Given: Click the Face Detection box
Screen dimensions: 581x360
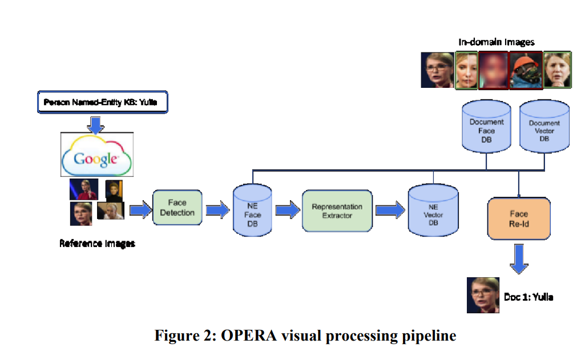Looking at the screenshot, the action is tap(177, 208).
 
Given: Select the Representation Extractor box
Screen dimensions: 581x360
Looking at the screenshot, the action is tap(337, 211).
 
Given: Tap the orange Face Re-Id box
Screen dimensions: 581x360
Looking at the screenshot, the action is tap(519, 219).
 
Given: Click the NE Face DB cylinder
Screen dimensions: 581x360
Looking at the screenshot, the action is tap(252, 210).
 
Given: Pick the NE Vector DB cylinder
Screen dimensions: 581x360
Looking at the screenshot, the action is tap(433, 210).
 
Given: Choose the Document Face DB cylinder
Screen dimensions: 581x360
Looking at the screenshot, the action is tap(486, 126).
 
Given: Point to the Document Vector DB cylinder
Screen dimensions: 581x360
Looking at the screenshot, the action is tap(544, 126).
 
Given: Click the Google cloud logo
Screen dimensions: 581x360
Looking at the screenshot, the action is tap(96, 155).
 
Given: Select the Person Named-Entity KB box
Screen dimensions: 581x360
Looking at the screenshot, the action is tap(103, 102).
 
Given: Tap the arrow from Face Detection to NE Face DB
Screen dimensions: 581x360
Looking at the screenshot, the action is tap(217, 210).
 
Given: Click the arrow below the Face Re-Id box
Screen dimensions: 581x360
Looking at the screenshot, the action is tap(519, 259).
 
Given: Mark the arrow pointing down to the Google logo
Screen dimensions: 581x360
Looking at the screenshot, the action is tap(96, 125).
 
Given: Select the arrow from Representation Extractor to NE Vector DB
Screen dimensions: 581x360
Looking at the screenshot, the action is tap(390, 210).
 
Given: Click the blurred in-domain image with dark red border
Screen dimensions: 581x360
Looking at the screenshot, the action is tap(493, 70).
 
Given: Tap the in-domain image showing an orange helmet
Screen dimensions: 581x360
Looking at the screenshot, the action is tap(526, 70).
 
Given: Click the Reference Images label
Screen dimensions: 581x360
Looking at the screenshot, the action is tap(97, 244).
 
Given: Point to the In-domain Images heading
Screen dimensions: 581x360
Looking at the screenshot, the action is tap(497, 42).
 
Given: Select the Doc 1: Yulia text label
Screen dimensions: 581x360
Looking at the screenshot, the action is tap(528, 297).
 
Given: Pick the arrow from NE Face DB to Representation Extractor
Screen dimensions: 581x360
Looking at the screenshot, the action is tap(288, 210).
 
